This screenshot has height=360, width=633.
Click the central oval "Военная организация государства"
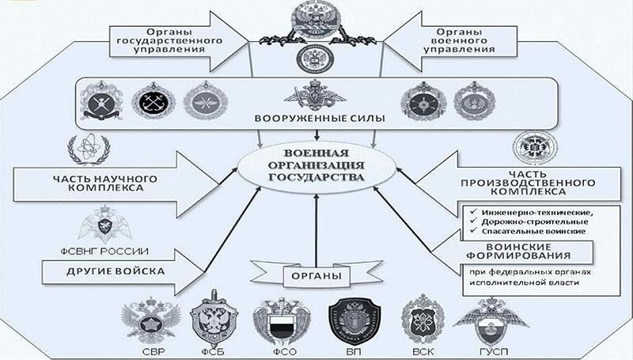pyautogui.click(x=316, y=167)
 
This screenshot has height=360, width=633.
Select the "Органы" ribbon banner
pyautogui.click(x=316, y=276)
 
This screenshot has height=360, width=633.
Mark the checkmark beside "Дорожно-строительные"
pyautogui.click(x=472, y=221)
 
